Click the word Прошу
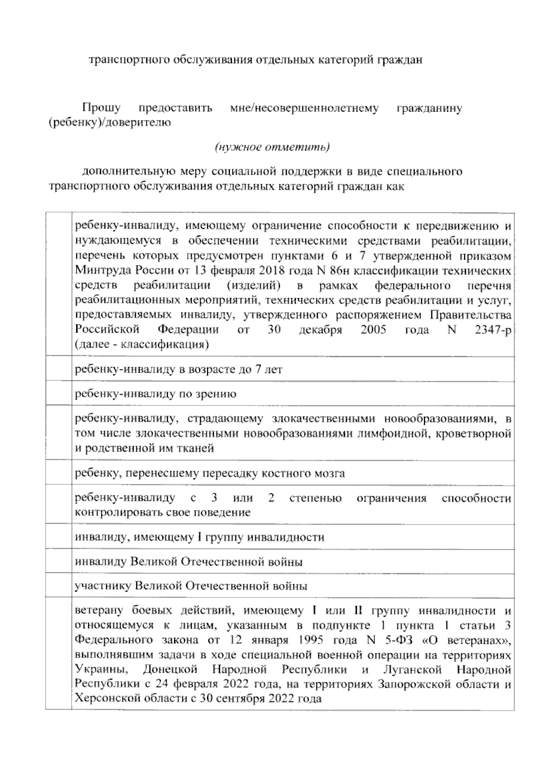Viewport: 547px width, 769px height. click(x=101, y=108)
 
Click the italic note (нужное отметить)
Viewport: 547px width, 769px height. click(x=272, y=147)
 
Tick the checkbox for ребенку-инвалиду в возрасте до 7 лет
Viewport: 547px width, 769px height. click(x=58, y=369)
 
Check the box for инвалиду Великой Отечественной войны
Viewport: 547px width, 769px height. click(x=58, y=561)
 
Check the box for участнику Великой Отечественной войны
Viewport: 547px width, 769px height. click(x=58, y=585)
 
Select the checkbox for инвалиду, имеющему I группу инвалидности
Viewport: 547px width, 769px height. click(x=58, y=537)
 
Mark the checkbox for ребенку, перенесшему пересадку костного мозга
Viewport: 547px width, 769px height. click(x=58, y=473)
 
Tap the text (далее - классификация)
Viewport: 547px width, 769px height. click(x=142, y=344)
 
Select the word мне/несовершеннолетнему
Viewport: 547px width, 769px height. click(x=304, y=108)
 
